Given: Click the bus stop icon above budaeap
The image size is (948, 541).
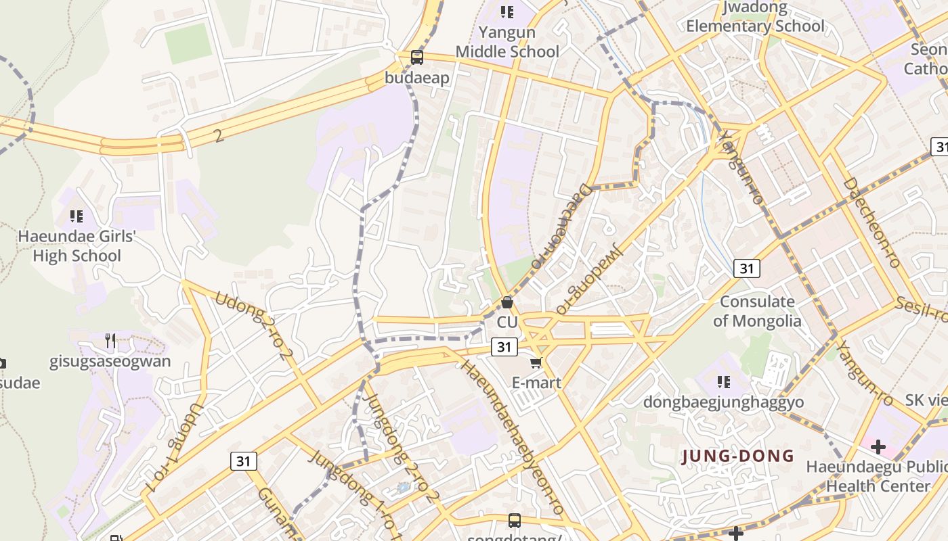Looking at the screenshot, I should point(417,57).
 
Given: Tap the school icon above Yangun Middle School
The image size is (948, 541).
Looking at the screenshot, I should point(507,11).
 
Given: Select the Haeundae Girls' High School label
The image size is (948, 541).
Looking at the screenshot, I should point(77,246).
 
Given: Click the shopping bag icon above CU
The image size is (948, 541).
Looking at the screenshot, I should point(507,302).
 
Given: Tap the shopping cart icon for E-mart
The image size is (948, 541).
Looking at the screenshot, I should point(536,363).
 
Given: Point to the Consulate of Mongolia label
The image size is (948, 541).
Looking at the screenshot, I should point(757,311).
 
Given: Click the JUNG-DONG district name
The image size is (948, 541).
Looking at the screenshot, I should point(737,456).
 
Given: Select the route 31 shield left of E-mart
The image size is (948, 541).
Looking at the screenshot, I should point(503,347).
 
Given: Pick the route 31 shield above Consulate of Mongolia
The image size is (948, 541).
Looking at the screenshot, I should point(746,268).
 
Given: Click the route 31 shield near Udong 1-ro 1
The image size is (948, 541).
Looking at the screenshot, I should point(244,461).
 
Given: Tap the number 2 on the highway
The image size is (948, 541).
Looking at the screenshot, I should point(218,137).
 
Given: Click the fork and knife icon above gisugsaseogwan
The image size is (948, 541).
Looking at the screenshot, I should point(110,339).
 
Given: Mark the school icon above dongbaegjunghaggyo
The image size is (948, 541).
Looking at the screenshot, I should point(724,382).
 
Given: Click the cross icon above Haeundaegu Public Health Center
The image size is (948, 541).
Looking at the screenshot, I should point(878,447).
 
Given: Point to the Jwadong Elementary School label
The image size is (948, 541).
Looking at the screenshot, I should point(755,18).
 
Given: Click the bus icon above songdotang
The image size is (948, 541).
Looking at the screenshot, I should point(515,520).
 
